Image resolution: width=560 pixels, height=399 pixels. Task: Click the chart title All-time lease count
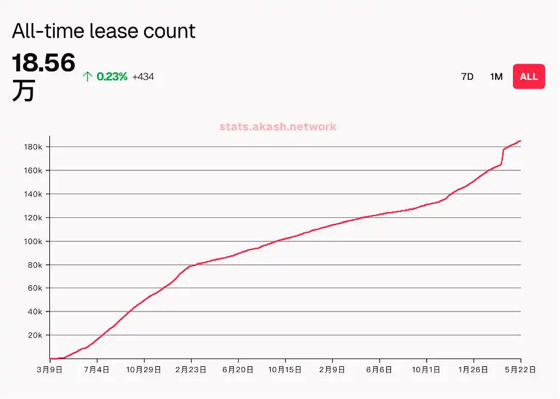coord(104,31)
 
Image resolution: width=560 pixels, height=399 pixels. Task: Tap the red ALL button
coord(528,76)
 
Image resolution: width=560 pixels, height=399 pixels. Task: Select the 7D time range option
coord(467,76)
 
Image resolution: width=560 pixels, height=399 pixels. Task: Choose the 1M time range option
coord(496,76)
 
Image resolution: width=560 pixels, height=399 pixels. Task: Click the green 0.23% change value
coord(112,76)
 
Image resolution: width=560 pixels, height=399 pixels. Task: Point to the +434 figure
coord(143,76)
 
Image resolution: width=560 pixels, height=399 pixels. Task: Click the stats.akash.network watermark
coord(278,126)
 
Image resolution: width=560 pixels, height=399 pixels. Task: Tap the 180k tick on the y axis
coord(33,147)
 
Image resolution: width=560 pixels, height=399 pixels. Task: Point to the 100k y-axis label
coord(33,241)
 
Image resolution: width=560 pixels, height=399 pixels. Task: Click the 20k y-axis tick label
coord(35,335)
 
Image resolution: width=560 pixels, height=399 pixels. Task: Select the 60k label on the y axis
coord(35,288)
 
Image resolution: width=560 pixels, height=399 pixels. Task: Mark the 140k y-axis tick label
coord(33,194)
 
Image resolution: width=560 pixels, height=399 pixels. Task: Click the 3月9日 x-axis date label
coord(50,370)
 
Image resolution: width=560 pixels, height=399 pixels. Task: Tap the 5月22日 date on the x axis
coord(521,370)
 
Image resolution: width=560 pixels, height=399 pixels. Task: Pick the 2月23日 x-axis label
coord(191,370)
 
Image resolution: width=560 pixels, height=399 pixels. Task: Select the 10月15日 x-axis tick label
coord(285,370)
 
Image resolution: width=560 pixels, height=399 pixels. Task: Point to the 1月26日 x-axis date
coord(474,370)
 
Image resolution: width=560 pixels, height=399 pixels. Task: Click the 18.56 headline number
coord(43,63)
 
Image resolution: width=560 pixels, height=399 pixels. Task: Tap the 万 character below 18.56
coord(23,91)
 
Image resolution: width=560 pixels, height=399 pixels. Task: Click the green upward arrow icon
coord(87,76)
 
